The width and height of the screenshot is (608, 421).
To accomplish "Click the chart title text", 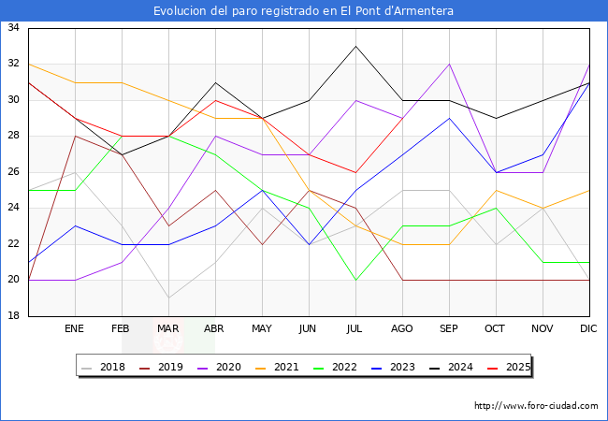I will [304, 11].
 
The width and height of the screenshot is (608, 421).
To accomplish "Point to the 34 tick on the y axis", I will [14, 28].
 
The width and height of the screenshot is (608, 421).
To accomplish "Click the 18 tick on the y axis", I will [14, 316].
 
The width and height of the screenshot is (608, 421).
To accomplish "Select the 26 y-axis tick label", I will [14, 172].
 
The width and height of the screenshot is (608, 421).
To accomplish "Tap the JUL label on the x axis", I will [355, 329].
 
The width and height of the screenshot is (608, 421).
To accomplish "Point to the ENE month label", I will [75, 329].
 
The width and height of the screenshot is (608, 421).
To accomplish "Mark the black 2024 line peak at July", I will [355, 46].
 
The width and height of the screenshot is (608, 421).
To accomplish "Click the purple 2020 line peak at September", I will [449, 65].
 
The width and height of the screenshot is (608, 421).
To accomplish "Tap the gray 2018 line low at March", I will [168, 298].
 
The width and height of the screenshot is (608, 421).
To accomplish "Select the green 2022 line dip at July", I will [355, 280].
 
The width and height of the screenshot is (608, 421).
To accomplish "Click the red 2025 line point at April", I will [215, 100].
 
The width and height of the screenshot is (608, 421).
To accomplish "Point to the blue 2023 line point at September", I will [449, 118].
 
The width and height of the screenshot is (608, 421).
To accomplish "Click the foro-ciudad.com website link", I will [536, 406].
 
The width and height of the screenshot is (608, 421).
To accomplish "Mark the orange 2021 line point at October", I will [496, 190].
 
